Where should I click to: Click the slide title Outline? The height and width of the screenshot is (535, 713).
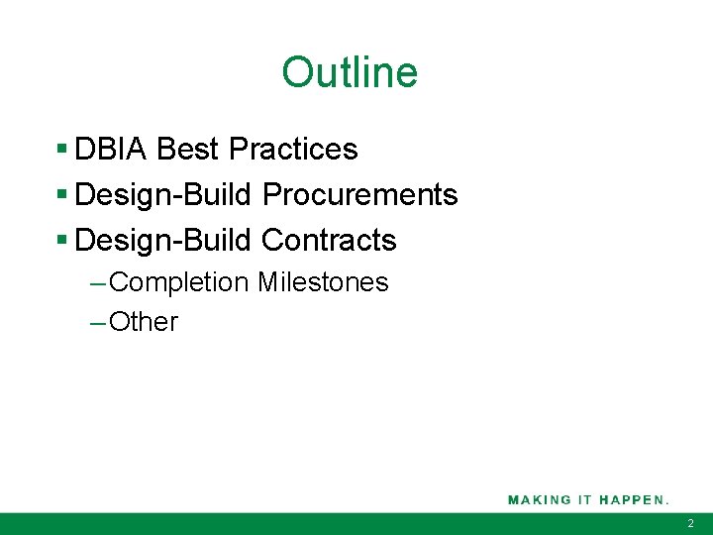tap(350, 72)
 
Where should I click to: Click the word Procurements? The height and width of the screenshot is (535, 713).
tap(359, 195)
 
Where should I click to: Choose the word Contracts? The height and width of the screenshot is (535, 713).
tap(329, 241)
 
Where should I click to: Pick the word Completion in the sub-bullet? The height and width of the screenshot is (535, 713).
tap(179, 283)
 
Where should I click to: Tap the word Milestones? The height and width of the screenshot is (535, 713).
tap(323, 283)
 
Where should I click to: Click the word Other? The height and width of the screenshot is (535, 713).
tap(144, 322)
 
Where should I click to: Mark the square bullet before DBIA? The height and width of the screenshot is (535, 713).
tap(61, 150)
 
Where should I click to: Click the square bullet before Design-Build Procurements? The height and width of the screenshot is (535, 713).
tap(61, 195)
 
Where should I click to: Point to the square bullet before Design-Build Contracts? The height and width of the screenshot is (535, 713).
tap(61, 241)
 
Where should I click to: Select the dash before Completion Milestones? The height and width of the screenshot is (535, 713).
tap(97, 283)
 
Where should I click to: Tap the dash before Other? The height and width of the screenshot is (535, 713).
tap(97, 322)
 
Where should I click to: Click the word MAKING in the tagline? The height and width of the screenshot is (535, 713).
tap(540, 499)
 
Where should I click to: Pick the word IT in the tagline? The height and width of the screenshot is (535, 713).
tap(585, 499)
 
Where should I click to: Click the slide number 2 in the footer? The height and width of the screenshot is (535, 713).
tap(691, 523)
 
